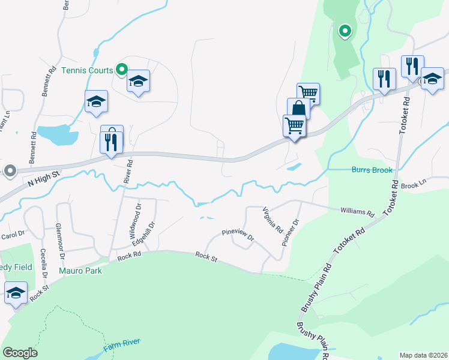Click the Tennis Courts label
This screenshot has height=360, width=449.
pos(87,70)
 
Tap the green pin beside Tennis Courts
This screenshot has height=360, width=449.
pos(121,71)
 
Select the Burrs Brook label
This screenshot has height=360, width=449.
pos(372,170)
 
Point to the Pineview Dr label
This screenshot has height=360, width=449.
pos(238,235)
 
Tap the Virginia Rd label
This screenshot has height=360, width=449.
pos(273,220)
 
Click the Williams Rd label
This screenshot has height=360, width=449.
pos(357,212)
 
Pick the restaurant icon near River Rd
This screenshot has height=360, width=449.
pos(112,142)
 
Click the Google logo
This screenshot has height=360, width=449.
pos(20,353)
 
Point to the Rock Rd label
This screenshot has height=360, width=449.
pos(129,256)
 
